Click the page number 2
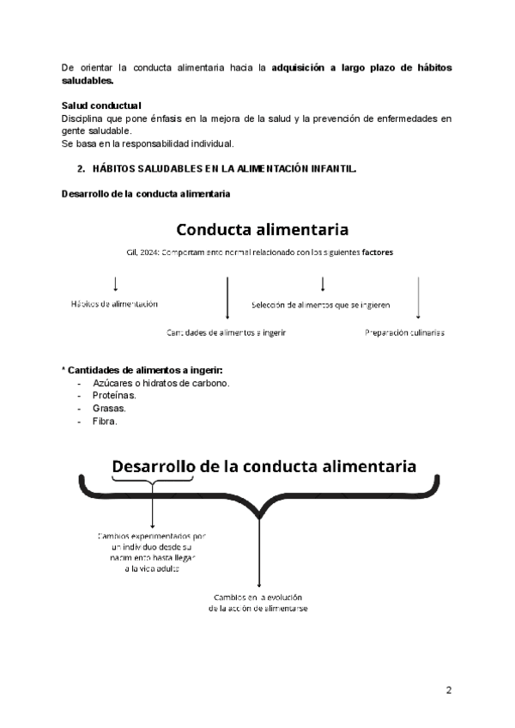[x=448, y=690]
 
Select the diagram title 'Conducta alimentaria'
[x=262, y=230]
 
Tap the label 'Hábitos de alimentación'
[x=114, y=304]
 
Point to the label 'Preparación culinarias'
[x=403, y=332]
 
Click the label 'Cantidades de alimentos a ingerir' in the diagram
[x=227, y=332]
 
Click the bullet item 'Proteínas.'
[x=114, y=396]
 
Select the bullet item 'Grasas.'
[x=109, y=409]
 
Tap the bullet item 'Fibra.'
[x=105, y=422]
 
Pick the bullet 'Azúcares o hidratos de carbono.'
[x=161, y=383]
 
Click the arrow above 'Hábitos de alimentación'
[x=115, y=283]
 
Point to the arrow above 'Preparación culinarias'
[x=417, y=300]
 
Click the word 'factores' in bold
[x=379, y=252]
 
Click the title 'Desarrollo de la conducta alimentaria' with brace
[x=264, y=466]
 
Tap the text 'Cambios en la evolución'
[x=257, y=597]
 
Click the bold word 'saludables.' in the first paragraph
[x=88, y=80]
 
